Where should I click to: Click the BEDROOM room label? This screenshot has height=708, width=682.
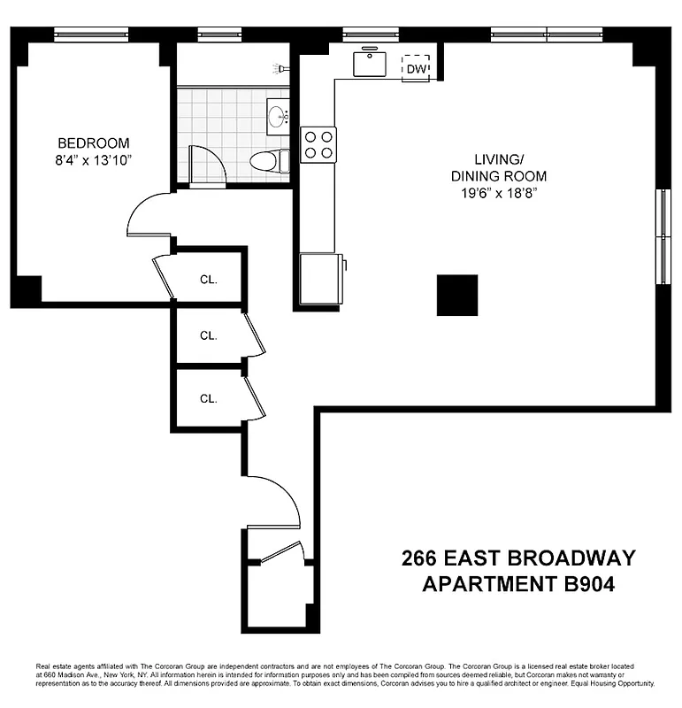[94, 142]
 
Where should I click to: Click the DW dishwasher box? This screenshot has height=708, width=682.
[418, 68]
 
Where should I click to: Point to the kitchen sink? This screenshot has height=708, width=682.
[369, 63]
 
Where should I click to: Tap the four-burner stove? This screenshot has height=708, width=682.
[318, 144]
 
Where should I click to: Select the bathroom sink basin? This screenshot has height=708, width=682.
[278, 116]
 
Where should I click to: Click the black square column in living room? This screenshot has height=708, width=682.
[457, 295]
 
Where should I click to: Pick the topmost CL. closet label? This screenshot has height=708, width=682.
[208, 279]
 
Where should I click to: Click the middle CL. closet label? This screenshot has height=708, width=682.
[208, 335]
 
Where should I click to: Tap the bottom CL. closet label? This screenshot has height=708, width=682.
[208, 398]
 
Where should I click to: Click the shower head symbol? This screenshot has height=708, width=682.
[282, 67]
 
